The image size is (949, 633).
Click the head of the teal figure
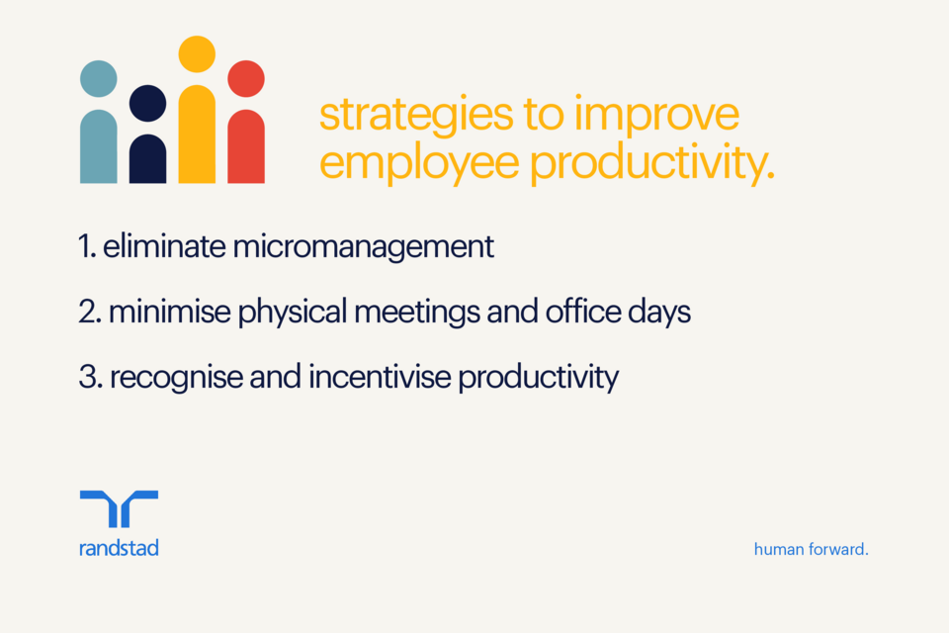(x=98, y=78)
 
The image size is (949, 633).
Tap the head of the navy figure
(x=147, y=103)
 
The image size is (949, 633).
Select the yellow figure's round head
(x=197, y=54)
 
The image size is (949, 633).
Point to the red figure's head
(x=246, y=78)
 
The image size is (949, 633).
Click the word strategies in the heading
(x=409, y=115)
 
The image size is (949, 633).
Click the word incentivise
(x=365, y=378)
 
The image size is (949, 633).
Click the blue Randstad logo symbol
(x=119, y=508)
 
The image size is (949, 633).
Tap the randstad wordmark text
(x=119, y=547)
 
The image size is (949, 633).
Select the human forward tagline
(x=811, y=548)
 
